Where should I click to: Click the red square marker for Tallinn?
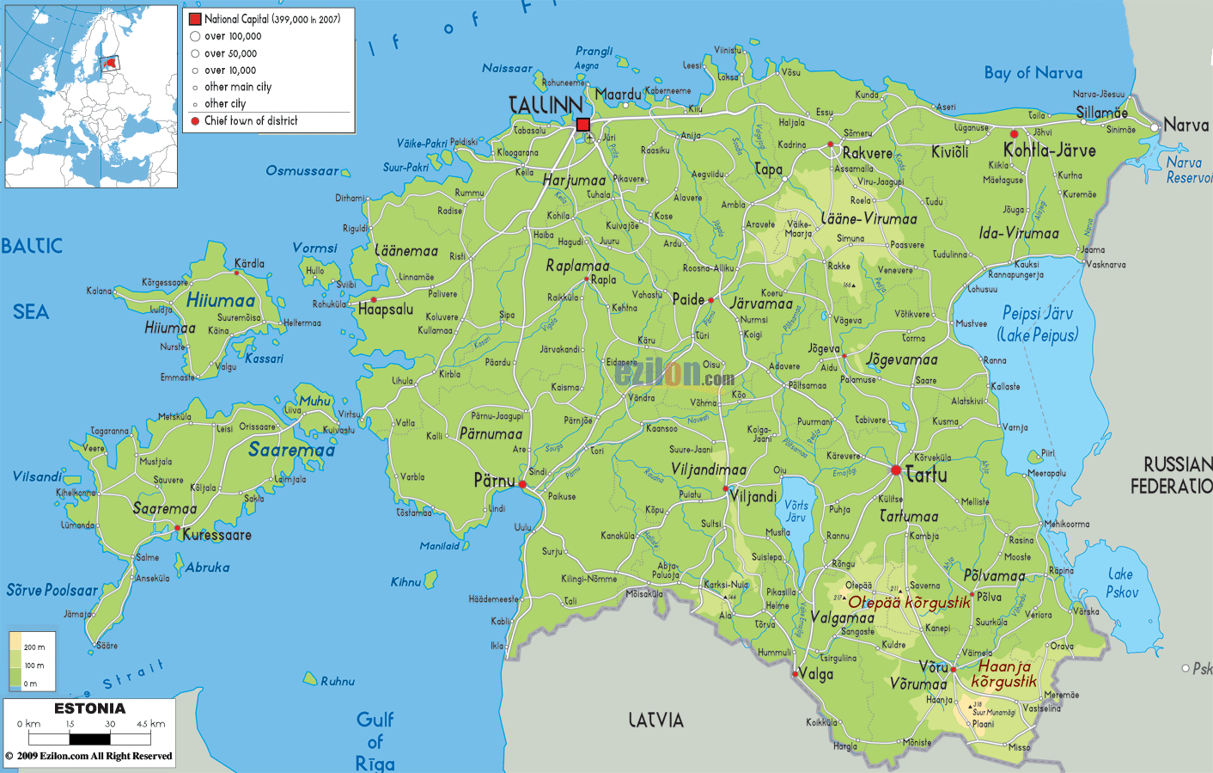point(583,125)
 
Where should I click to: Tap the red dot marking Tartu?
point(896,470)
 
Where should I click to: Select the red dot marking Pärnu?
point(522,485)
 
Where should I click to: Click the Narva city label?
point(1186,126)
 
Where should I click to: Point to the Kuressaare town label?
point(216,535)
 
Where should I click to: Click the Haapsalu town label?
point(385,310)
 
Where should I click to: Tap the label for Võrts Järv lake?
point(795,511)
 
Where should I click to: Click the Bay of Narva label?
point(1033,73)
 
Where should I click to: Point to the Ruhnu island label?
point(338,681)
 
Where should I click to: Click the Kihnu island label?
point(405,582)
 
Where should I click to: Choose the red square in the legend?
point(195,19)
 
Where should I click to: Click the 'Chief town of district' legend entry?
point(251,121)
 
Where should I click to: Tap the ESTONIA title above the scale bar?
point(89,709)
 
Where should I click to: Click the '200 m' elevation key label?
point(34,647)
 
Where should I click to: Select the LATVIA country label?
point(655,721)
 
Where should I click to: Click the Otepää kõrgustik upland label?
point(909,603)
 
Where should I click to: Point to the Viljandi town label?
point(753,496)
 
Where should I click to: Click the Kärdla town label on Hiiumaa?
point(249,263)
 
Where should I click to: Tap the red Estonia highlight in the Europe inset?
point(110,62)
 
